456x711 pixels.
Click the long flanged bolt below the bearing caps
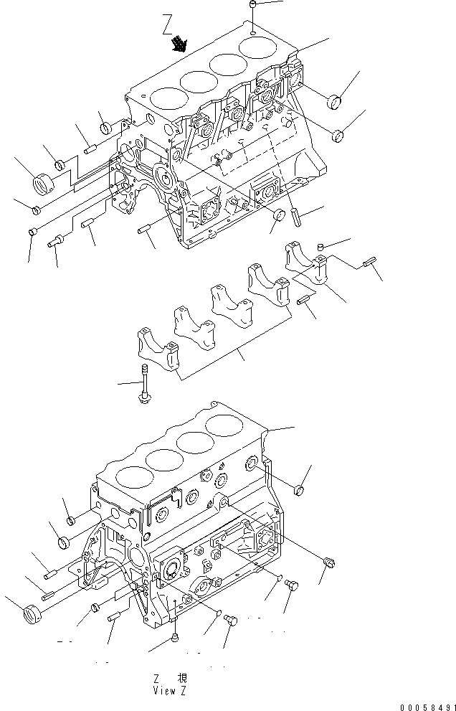click(145, 384)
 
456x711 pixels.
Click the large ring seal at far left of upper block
click(45, 184)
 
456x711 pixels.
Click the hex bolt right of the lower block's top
click(300, 490)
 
